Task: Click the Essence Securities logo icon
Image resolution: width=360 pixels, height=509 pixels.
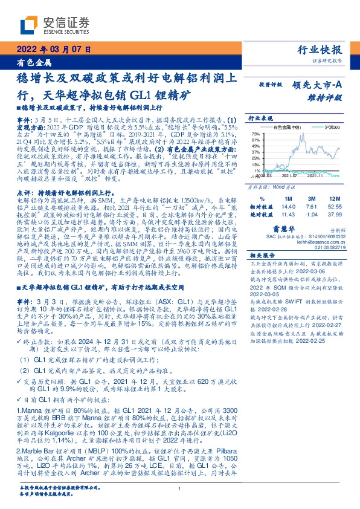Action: click(27, 25)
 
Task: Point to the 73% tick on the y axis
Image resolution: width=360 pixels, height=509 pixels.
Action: click(256, 134)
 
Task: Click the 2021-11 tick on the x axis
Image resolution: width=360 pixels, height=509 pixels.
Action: click(316, 176)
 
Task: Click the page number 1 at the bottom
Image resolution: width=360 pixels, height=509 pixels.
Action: click(180, 489)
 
